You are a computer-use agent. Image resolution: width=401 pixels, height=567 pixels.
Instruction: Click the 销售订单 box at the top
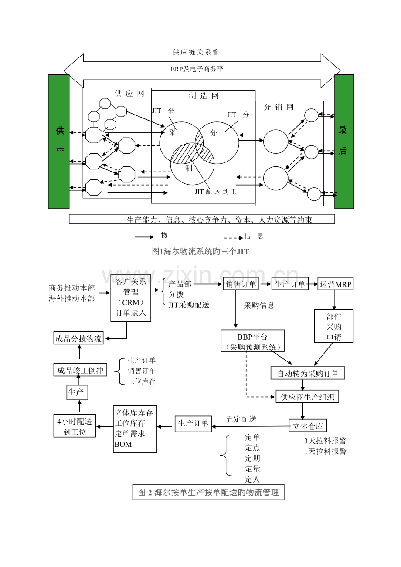click(x=241, y=284)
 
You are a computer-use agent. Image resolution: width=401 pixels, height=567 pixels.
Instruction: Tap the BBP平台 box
click(x=253, y=341)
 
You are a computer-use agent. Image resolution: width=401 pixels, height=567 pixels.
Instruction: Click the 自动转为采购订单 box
click(x=308, y=373)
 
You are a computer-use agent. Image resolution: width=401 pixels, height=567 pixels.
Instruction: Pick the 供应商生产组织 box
click(x=307, y=397)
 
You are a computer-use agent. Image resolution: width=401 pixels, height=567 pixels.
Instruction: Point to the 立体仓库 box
click(x=308, y=425)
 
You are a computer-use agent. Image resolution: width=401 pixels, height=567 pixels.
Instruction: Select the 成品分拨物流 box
click(x=78, y=338)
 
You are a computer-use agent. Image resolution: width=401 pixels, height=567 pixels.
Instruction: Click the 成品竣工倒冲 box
click(x=80, y=370)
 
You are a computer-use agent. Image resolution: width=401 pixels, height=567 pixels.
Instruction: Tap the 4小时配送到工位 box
click(x=75, y=426)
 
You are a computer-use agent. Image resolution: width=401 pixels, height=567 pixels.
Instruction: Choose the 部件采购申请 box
click(x=334, y=326)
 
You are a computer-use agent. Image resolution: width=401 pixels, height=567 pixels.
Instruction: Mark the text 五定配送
click(x=241, y=419)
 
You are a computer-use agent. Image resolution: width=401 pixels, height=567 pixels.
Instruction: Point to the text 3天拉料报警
click(x=325, y=441)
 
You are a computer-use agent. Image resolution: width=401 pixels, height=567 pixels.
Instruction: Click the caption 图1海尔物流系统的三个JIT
click(x=200, y=251)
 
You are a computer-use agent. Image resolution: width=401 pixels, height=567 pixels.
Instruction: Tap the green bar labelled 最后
click(x=344, y=142)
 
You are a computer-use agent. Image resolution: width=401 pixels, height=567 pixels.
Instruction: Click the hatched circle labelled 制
click(x=189, y=165)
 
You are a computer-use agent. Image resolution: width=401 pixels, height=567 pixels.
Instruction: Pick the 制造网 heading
click(x=204, y=96)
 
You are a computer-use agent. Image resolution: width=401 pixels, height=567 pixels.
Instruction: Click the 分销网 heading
click(x=279, y=107)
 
